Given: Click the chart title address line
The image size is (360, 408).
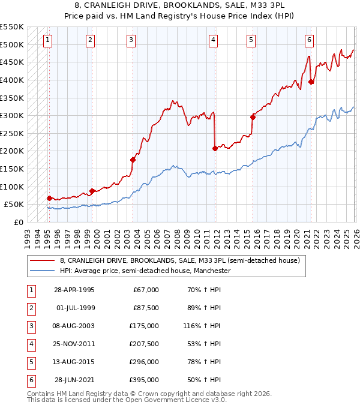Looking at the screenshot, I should tap(179, 5).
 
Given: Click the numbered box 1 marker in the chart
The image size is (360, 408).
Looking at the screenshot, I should tap(47, 40).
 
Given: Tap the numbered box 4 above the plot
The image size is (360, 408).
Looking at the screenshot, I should tap(213, 40).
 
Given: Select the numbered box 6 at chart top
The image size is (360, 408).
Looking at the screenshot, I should tap(308, 40).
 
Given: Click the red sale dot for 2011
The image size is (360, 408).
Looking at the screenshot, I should tap(214, 148).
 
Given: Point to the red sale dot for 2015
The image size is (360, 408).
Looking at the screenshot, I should tap(253, 117).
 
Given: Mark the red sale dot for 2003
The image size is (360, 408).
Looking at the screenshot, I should tap(133, 160).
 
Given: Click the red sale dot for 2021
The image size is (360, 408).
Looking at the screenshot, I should tap(311, 82).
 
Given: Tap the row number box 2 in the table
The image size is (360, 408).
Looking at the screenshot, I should tap(30, 308).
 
